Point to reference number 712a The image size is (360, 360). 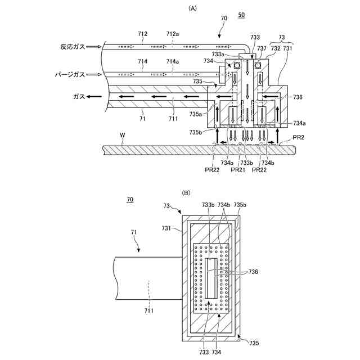[173, 34]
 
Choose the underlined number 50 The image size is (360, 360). [242, 19]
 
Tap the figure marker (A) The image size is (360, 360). [193, 8]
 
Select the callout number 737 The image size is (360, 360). [263, 48]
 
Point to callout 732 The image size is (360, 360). [275, 48]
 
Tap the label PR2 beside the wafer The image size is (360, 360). [298, 136]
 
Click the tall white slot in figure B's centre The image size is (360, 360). [211, 279]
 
